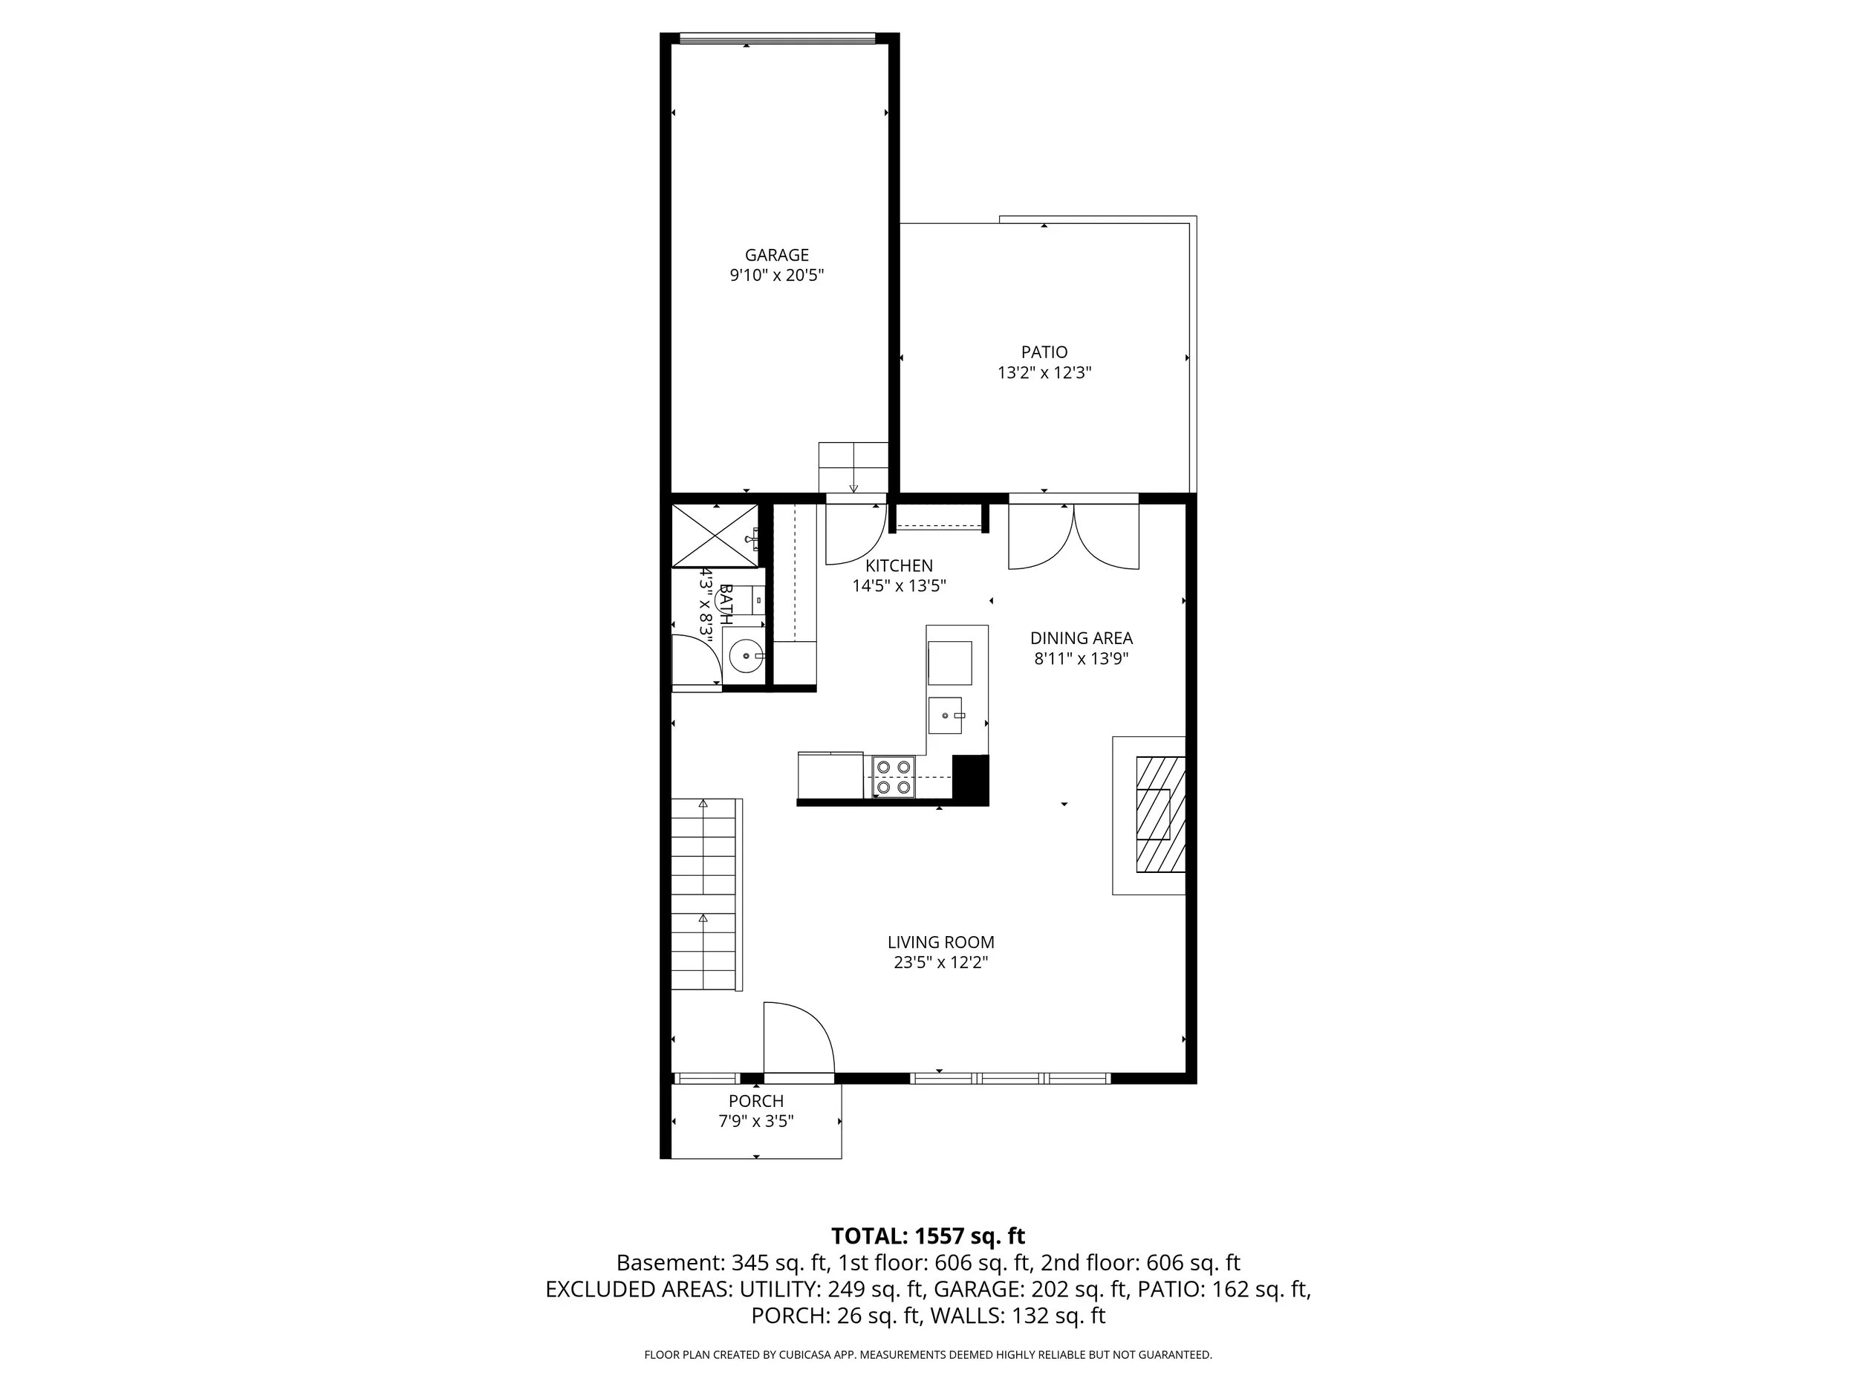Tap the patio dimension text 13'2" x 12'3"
[x=1044, y=373]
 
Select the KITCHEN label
[x=898, y=566]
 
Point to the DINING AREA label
[x=1081, y=638]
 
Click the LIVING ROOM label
[x=940, y=942]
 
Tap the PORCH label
[x=755, y=1101]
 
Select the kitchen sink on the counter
[x=946, y=715]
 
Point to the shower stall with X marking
[x=714, y=536]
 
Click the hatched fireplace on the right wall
[x=1160, y=814]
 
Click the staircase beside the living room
[x=704, y=894]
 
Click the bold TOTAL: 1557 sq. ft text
[x=928, y=1236]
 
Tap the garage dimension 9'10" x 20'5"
[x=776, y=276]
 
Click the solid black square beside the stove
[x=971, y=780]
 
